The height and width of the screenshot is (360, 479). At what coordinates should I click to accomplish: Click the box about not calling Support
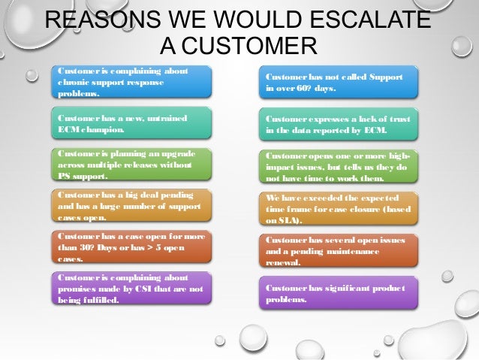click(339, 83)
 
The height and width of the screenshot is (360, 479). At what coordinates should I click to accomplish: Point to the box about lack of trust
click(339, 125)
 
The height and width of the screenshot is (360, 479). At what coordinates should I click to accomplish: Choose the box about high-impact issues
click(339, 166)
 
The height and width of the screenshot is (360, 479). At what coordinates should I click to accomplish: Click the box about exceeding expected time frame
click(339, 208)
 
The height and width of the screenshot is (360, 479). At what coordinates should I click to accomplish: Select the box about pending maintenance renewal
click(339, 250)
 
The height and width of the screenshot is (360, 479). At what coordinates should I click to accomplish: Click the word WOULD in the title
click(246, 20)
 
